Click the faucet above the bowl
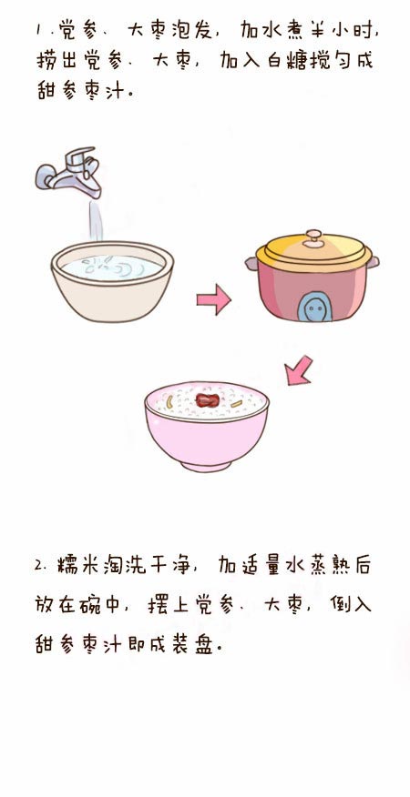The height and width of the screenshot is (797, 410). [x=68, y=172]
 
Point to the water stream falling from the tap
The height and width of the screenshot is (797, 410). [x=96, y=220]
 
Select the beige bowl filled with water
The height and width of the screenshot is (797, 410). [x=112, y=281]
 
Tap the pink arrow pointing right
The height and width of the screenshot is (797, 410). [x=214, y=299]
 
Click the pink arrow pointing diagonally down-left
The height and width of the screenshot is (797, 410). [x=299, y=370]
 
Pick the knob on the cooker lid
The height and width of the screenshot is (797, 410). [x=313, y=237]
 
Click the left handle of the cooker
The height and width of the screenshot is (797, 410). [x=251, y=263]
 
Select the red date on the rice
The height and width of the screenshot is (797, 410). [x=207, y=400]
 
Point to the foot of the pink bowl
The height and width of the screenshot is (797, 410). [x=206, y=465]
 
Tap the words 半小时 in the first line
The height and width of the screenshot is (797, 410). [x=343, y=32]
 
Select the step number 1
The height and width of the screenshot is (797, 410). [x=38, y=32]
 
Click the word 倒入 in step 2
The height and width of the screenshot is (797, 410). [x=351, y=605]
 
